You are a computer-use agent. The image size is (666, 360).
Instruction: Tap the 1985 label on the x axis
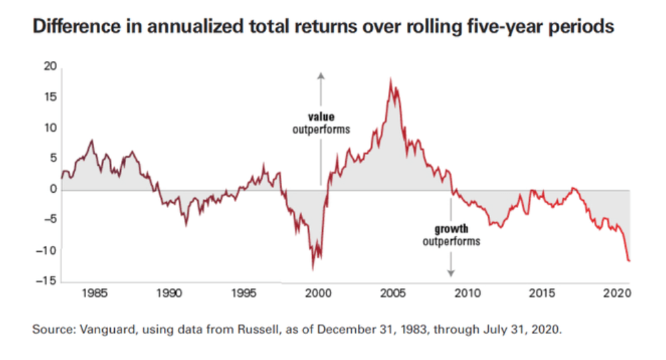[x=94, y=293]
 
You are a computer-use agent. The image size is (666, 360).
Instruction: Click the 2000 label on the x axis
[x=318, y=293]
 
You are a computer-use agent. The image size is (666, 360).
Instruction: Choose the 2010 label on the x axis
[x=468, y=293]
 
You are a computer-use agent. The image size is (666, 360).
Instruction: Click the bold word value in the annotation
[x=321, y=117]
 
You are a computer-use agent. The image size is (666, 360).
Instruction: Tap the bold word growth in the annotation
[x=451, y=228]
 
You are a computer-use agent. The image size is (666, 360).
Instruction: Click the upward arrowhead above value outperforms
[x=321, y=74]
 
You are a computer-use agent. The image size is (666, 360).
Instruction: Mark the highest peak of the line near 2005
[x=390, y=79]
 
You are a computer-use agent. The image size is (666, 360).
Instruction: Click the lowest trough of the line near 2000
[x=312, y=269]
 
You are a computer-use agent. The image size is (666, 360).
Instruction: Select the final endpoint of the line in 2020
[x=630, y=261]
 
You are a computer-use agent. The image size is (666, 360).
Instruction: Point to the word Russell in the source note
[x=262, y=330]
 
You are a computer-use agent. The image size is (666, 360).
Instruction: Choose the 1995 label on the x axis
[x=244, y=293]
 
